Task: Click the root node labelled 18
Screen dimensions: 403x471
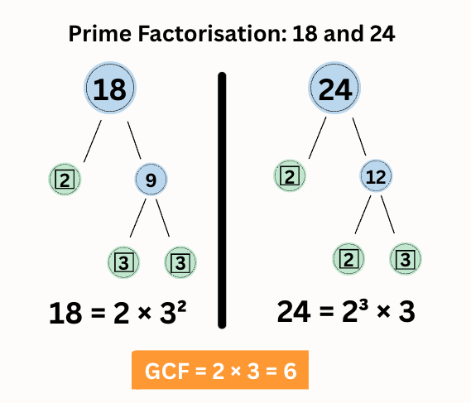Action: point(109,89)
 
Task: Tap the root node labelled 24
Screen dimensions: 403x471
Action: point(336,89)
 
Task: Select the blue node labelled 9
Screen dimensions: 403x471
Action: point(151,178)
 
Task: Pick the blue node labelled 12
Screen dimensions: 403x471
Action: point(376,175)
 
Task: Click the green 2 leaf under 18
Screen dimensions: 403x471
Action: point(65,177)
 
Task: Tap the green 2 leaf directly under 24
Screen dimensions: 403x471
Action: point(289,175)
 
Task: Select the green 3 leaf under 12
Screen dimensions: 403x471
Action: point(405,259)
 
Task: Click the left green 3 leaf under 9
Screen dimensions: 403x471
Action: point(123,263)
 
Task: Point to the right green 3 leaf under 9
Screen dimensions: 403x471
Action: point(179,263)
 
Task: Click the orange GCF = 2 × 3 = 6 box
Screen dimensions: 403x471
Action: point(219,371)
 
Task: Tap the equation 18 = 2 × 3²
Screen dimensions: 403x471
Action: point(117,314)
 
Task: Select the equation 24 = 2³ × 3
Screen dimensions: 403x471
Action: point(345,312)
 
